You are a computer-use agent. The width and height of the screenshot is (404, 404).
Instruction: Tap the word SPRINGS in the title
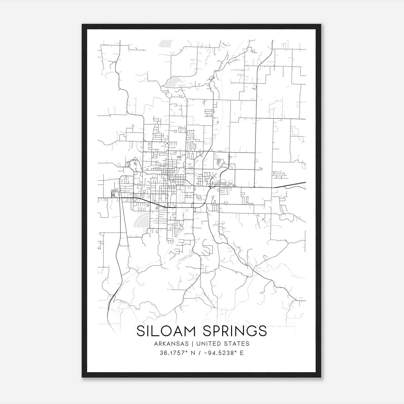pyautogui.click(x=235, y=331)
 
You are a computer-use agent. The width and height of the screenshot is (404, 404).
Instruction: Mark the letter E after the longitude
pyautogui.click(x=242, y=353)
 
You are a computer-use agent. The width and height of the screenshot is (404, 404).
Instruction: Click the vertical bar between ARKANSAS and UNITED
pyautogui.click(x=192, y=344)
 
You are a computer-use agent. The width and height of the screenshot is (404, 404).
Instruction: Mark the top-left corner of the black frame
pyautogui.click(x=82, y=24)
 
